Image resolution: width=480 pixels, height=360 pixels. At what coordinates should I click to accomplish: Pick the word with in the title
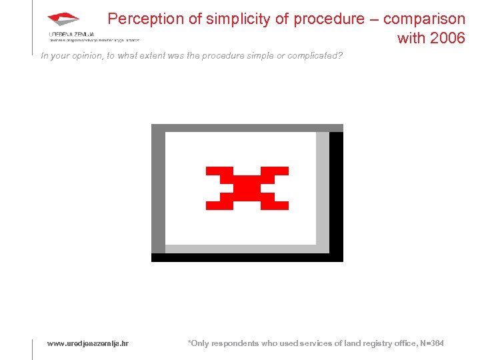tap(412, 38)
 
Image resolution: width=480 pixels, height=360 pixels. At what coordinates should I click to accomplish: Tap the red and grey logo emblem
tap(63, 19)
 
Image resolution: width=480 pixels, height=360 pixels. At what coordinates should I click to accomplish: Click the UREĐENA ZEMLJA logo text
tap(71, 33)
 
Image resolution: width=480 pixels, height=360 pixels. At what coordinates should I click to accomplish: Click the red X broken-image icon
tap(247, 188)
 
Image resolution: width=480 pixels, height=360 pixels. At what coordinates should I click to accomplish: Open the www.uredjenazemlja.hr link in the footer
tap(87, 343)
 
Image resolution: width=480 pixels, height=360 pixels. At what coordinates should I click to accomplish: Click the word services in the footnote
tap(311, 343)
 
